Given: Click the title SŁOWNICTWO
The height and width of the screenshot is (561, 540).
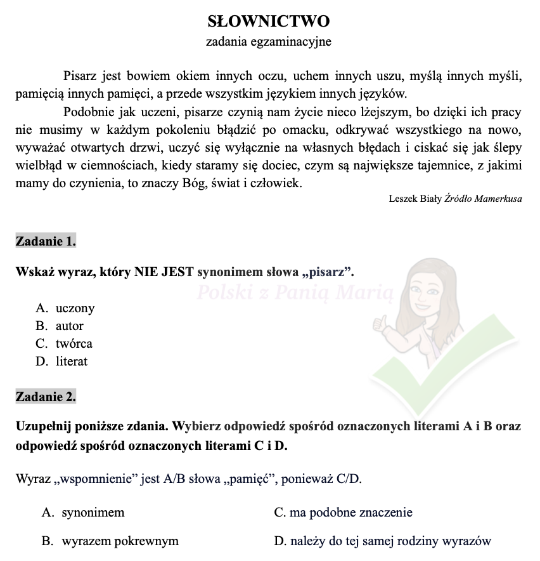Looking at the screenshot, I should click(x=269, y=22).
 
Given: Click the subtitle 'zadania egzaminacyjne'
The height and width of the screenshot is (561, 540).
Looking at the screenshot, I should click(x=269, y=43).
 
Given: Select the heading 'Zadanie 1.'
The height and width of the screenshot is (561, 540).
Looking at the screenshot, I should click(x=46, y=241).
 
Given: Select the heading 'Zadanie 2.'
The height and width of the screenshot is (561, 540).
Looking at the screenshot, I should click(x=46, y=397).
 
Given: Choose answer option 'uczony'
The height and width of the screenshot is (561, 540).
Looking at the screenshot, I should click(x=75, y=308).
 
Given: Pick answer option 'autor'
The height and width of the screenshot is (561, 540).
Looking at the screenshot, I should click(x=69, y=326).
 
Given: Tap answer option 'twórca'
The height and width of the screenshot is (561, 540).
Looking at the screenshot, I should click(x=74, y=344).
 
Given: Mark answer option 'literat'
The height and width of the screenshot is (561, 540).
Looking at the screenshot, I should click(x=71, y=362).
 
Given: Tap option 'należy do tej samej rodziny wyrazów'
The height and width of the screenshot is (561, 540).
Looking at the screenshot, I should click(x=390, y=541).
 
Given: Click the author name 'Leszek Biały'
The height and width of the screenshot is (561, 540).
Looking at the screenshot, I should click(x=415, y=199).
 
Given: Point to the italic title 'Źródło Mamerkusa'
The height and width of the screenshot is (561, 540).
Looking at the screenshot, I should click(x=484, y=199).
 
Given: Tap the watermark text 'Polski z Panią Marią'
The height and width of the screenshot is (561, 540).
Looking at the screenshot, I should click(x=295, y=293).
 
